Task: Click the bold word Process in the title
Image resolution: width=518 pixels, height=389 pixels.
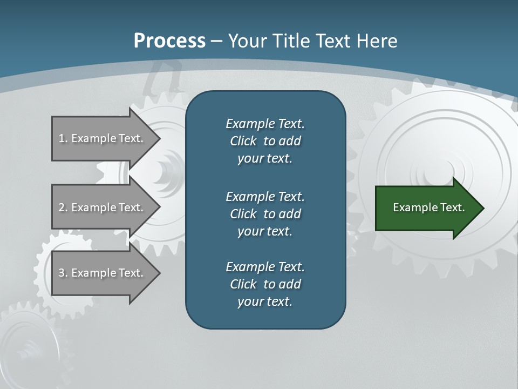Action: pyautogui.click(x=169, y=41)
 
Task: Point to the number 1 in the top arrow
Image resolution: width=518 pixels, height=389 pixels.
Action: pyautogui.click(x=62, y=138)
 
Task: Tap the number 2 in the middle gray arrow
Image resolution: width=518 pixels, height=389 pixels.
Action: pyautogui.click(x=62, y=207)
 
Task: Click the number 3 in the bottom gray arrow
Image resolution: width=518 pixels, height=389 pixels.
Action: pyautogui.click(x=62, y=273)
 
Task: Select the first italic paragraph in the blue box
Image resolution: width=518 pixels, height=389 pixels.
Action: pyautogui.click(x=265, y=141)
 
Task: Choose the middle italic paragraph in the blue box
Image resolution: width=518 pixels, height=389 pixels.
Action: pyautogui.click(x=265, y=214)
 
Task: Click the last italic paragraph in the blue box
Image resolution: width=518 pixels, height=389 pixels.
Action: pyautogui.click(x=265, y=284)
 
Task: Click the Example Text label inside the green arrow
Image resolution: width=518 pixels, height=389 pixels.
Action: pyautogui.click(x=429, y=207)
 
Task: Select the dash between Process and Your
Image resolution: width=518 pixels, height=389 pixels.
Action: pyautogui.click(x=216, y=41)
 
